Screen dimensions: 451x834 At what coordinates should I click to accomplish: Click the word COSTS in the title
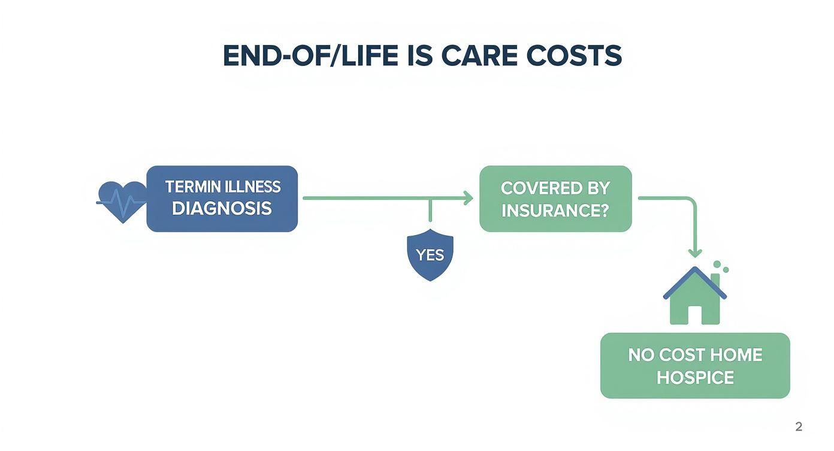pyautogui.click(x=574, y=56)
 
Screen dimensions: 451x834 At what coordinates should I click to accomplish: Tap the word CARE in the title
pyautogui.click(x=479, y=56)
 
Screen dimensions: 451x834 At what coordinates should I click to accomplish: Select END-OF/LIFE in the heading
pyautogui.click(x=310, y=56)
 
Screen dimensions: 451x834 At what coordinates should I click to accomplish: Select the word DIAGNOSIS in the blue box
pyautogui.click(x=222, y=209)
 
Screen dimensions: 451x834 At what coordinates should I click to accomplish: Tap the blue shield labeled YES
pyautogui.click(x=430, y=255)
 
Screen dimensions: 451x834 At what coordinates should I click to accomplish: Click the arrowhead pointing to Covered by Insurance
pyautogui.click(x=468, y=198)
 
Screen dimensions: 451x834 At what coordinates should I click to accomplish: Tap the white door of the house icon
pyautogui.click(x=694, y=315)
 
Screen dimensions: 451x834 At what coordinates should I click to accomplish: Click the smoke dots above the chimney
pyautogui.click(x=720, y=266)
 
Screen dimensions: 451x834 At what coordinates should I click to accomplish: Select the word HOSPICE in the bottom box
pyautogui.click(x=695, y=378)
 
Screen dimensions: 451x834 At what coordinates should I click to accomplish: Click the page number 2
pyautogui.click(x=798, y=427)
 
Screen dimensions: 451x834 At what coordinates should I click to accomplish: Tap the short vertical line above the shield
pyautogui.click(x=430, y=211)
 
